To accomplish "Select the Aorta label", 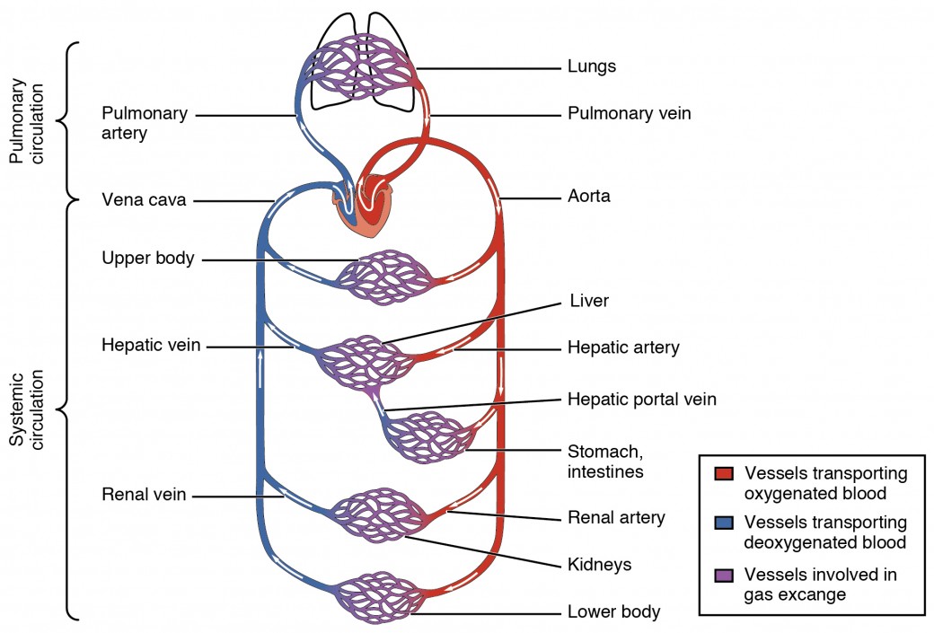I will (588, 195).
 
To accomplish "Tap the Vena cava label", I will (144, 200).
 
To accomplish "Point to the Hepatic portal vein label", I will (641, 399).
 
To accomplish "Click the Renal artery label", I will (616, 517).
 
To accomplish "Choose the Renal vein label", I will (144, 495).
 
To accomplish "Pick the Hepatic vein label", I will (151, 345).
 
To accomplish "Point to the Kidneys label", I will (599, 565).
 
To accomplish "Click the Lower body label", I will (613, 612).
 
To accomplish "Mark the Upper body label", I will (147, 258).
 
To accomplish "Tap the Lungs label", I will (591, 66).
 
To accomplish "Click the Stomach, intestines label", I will (606, 460).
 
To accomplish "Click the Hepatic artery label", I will (622, 347).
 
